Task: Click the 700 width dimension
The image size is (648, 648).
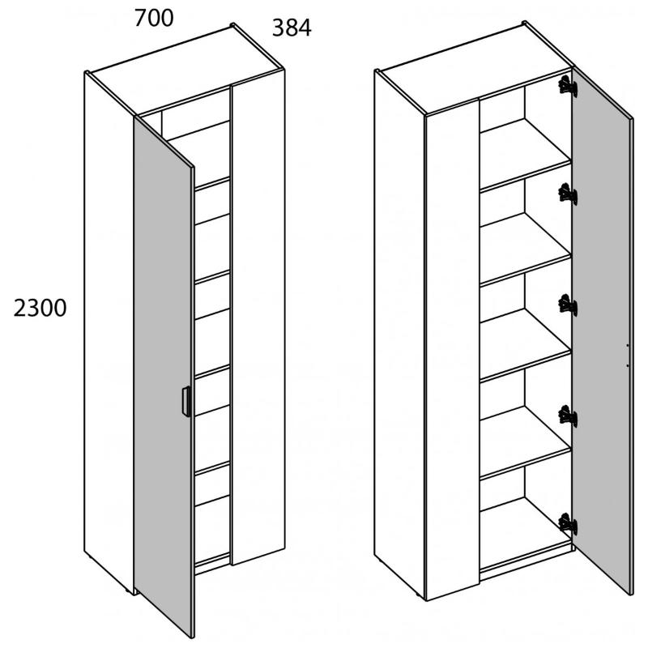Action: (154, 19)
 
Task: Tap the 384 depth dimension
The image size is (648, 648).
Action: (292, 28)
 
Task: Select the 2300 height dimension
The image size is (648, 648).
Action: (40, 309)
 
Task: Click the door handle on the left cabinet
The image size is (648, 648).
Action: (186, 401)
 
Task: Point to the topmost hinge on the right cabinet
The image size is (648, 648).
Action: (568, 86)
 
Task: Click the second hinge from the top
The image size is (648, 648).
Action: (568, 194)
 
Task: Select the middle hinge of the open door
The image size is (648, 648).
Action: (568, 305)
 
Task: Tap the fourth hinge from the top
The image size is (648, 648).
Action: (568, 416)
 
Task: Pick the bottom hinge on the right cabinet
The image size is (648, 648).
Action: (568, 524)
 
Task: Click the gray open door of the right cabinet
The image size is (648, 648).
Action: (602, 330)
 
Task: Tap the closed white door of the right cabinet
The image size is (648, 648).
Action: (453, 349)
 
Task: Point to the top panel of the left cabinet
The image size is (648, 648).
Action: (186, 70)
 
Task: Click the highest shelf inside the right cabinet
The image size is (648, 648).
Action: (526, 155)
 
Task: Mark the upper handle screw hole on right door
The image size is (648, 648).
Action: (627, 345)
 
